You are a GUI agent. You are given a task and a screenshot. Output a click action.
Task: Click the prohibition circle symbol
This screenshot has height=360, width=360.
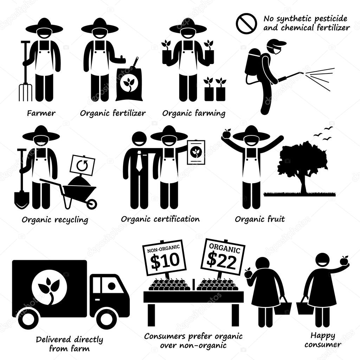(246, 24)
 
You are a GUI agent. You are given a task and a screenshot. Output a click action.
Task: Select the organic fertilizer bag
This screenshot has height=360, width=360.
(129, 84)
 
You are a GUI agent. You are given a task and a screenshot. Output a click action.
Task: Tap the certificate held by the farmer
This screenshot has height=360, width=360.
(196, 152)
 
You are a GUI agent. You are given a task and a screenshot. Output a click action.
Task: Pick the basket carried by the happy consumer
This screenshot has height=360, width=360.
(305, 308)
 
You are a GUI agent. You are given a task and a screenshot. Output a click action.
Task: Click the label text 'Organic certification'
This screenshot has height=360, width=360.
(160, 219)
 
